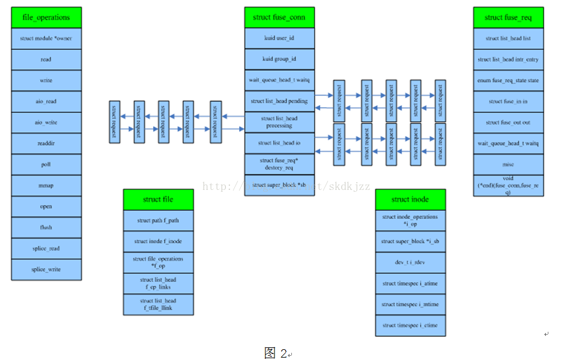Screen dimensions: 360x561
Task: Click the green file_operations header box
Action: [46, 17]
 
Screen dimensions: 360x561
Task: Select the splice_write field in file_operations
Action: [46, 269]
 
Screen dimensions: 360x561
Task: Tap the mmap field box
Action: [46, 186]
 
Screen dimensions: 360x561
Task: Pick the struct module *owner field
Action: [46, 38]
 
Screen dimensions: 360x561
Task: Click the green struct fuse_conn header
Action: [279, 17]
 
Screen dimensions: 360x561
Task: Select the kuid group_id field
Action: [279, 59]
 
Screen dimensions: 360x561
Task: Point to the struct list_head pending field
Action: [279, 101]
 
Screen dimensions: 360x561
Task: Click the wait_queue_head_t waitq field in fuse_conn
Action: [279, 80]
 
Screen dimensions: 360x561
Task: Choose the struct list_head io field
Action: [279, 143]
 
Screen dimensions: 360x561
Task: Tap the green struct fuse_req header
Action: [508, 17]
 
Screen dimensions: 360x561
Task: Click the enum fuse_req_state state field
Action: [508, 80]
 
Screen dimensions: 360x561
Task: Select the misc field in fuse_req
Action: [508, 164]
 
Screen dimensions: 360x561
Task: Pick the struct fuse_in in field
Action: [508, 101]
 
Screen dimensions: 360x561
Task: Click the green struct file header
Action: [159, 200]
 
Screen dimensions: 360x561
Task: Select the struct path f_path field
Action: [159, 221]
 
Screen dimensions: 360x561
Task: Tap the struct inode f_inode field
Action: [159, 241]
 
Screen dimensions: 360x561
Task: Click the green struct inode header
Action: [410, 200]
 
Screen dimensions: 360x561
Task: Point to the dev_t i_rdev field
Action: [410, 262]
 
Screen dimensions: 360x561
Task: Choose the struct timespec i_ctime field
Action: [410, 325]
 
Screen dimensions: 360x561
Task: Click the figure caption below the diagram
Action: [276, 353]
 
